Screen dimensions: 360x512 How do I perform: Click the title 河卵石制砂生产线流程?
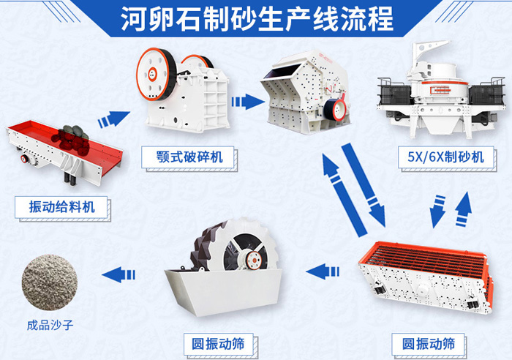point(256,18)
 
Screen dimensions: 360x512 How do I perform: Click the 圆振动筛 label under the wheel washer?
point(217,342)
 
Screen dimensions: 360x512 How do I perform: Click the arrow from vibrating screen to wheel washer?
point(318,272)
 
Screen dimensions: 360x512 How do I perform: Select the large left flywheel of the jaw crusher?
point(154,72)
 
